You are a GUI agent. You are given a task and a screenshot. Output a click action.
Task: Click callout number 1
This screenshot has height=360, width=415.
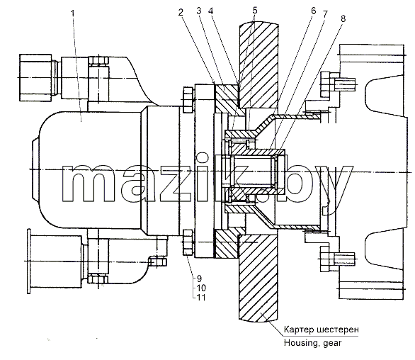coord(73,13)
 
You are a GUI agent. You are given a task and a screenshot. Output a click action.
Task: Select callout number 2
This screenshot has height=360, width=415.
coord(181,13)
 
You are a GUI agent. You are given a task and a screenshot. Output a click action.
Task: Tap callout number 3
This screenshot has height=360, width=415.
coord(199,11)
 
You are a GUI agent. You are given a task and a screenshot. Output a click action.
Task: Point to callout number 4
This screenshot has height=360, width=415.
coord(210,11)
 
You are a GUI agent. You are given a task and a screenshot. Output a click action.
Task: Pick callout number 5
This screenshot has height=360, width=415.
coord(255,11)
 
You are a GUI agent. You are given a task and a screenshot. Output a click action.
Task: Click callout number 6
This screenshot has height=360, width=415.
coord(313,11)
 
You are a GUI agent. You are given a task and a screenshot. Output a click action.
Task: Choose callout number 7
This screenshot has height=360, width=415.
coord(325,14)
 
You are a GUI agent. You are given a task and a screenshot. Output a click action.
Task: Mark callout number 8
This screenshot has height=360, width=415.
coord(343,19)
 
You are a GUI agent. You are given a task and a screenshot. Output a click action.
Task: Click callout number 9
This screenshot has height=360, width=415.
coord(199,279)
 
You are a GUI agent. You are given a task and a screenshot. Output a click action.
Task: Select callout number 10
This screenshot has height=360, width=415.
coord(201,288)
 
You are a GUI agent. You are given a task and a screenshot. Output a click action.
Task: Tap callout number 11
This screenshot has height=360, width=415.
coord(201,298)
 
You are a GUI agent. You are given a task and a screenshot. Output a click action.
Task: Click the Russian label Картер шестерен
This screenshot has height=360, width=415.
coord(322,330)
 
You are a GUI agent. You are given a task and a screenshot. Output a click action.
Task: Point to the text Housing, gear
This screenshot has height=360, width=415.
coord(312,343)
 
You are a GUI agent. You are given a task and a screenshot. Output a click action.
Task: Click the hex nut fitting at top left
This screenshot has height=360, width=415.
coord(35,77)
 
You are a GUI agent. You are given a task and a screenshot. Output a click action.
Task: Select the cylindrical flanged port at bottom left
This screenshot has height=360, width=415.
coord(55,261)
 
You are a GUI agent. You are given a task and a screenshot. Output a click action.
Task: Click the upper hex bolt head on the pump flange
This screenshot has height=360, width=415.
coord(188,99)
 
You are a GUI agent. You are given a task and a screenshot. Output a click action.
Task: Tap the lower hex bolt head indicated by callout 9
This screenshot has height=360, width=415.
coord(188,242)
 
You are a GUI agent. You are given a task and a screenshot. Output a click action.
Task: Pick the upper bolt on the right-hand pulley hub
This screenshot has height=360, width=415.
coord(338,84)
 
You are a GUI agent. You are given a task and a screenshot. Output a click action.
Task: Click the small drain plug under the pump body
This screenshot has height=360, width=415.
coord(157,261)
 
